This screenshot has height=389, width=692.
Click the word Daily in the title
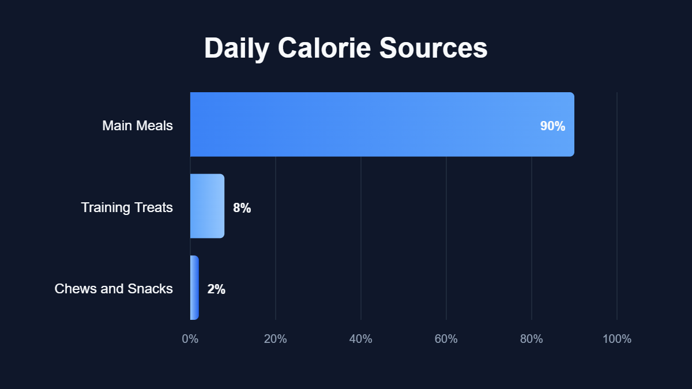pyautogui.click(x=236, y=48)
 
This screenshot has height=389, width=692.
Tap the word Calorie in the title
pyautogui.click(x=324, y=48)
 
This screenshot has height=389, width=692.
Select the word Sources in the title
pyautogui.click(x=433, y=48)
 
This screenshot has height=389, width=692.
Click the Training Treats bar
pyautogui.click(x=207, y=206)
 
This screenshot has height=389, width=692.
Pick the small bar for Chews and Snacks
pyautogui.click(x=194, y=288)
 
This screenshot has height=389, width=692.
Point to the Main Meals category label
pyautogui.click(x=137, y=126)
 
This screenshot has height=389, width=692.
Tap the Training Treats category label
pyautogui.click(x=127, y=207)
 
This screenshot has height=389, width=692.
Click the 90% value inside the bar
pyautogui.click(x=552, y=126)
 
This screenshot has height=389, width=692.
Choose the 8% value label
pyautogui.click(x=242, y=208)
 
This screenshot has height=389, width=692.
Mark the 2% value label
pyautogui.click(x=216, y=289)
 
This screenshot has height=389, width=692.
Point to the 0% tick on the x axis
pyautogui.click(x=190, y=339)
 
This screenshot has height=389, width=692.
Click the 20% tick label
pyautogui.click(x=276, y=339)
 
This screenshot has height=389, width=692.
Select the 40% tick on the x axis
pyautogui.click(x=361, y=339)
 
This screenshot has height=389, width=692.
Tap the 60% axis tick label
pyautogui.click(x=446, y=339)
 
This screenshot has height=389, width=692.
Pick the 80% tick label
pyautogui.click(x=532, y=339)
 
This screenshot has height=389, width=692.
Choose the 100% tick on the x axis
pyautogui.click(x=617, y=339)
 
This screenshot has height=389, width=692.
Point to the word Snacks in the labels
pyautogui.click(x=151, y=289)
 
